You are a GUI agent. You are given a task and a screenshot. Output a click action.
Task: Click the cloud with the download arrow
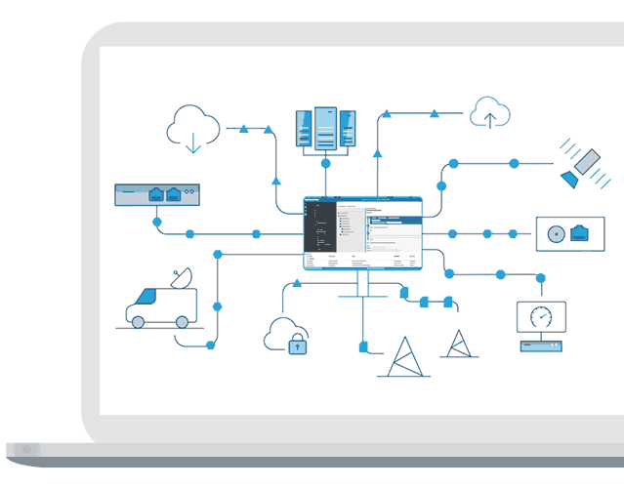[x=193, y=127]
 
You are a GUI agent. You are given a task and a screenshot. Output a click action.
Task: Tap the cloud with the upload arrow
[x=490, y=113]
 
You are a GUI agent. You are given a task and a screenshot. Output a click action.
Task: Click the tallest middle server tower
[x=325, y=128]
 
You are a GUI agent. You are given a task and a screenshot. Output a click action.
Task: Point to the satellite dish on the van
[x=181, y=278]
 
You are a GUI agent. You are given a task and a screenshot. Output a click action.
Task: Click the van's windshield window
[x=146, y=297]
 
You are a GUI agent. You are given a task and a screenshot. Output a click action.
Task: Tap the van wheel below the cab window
[x=139, y=321]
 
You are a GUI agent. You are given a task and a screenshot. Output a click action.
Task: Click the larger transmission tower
[x=403, y=358]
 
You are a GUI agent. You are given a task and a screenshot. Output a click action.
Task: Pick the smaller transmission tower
[x=457, y=345]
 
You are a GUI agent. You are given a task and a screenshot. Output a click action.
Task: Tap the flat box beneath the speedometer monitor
[x=541, y=346]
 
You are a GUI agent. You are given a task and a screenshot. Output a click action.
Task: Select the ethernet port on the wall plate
[x=579, y=233]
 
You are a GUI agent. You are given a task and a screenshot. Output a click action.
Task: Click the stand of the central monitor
[x=362, y=284]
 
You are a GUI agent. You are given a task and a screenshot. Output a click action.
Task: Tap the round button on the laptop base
[x=27, y=450]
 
